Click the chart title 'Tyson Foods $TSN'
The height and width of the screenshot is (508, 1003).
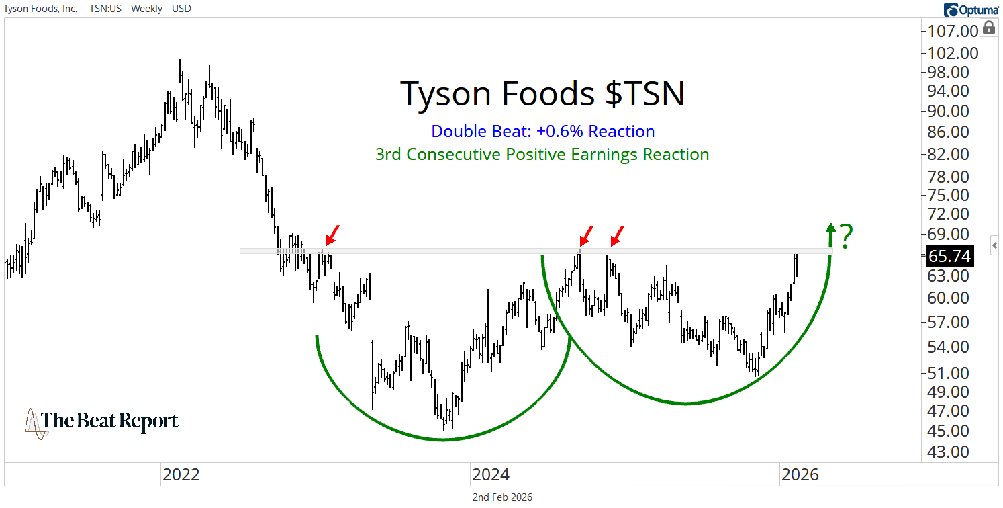(x=542, y=93)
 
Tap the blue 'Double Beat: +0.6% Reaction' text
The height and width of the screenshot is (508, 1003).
(x=542, y=132)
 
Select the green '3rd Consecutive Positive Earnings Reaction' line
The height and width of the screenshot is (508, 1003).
(x=542, y=155)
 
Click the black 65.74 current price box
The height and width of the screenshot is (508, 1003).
(x=949, y=256)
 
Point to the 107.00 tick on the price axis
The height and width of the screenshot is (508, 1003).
(x=950, y=31)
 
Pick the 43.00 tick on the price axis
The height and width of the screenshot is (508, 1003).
(x=950, y=451)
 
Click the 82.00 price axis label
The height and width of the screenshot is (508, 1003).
(x=950, y=154)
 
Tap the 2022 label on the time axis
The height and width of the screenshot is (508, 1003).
(x=181, y=475)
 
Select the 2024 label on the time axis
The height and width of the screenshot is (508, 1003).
(x=491, y=475)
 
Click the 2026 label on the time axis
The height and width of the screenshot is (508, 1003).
(x=800, y=475)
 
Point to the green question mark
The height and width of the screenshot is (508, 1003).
(x=847, y=237)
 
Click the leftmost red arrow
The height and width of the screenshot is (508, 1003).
(x=332, y=235)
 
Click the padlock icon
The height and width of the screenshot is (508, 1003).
(x=988, y=28)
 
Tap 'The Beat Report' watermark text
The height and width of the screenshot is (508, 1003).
(x=110, y=421)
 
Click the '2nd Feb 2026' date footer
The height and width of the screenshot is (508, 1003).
(x=501, y=497)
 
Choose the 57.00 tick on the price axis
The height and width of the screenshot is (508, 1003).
(x=950, y=322)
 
